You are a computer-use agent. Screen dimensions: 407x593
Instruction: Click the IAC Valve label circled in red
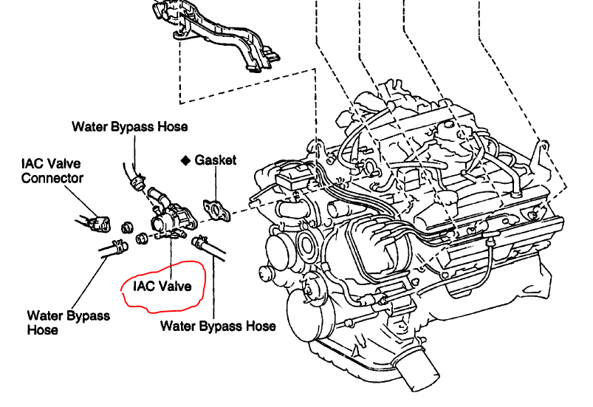[162, 285]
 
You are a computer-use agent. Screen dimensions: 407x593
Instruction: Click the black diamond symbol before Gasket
[186, 160]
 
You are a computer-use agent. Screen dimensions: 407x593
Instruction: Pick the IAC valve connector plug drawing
[96, 222]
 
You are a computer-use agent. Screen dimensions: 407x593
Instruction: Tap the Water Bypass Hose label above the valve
[129, 126]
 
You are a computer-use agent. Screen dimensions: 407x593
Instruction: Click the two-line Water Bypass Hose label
[69, 323]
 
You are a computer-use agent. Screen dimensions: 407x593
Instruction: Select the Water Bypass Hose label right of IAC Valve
[218, 325]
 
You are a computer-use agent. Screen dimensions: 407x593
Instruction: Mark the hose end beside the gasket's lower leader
[203, 244]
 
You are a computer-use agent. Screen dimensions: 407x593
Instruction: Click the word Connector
[52, 177]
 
